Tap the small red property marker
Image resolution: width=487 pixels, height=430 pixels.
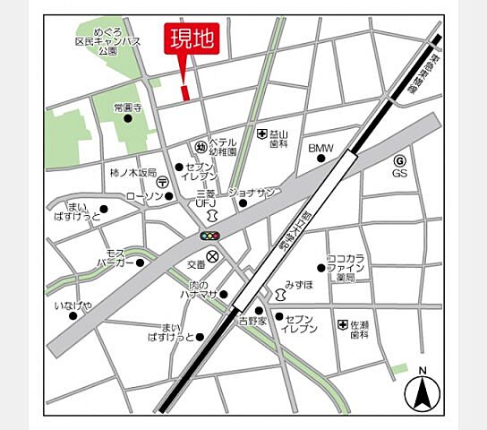point(185,92)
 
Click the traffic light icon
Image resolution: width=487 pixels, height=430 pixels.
point(209,236)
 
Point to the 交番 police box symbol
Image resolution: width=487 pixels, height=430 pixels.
point(212,257)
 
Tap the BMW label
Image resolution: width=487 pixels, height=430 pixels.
point(320,148)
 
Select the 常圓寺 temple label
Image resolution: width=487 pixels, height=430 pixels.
point(128,107)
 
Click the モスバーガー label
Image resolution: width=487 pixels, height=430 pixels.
point(116,258)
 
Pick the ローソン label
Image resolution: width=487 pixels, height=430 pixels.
point(144,196)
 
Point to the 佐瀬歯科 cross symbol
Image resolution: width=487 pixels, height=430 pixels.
point(342,325)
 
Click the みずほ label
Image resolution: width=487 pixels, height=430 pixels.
point(299,285)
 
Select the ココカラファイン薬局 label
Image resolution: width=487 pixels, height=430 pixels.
point(346,266)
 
